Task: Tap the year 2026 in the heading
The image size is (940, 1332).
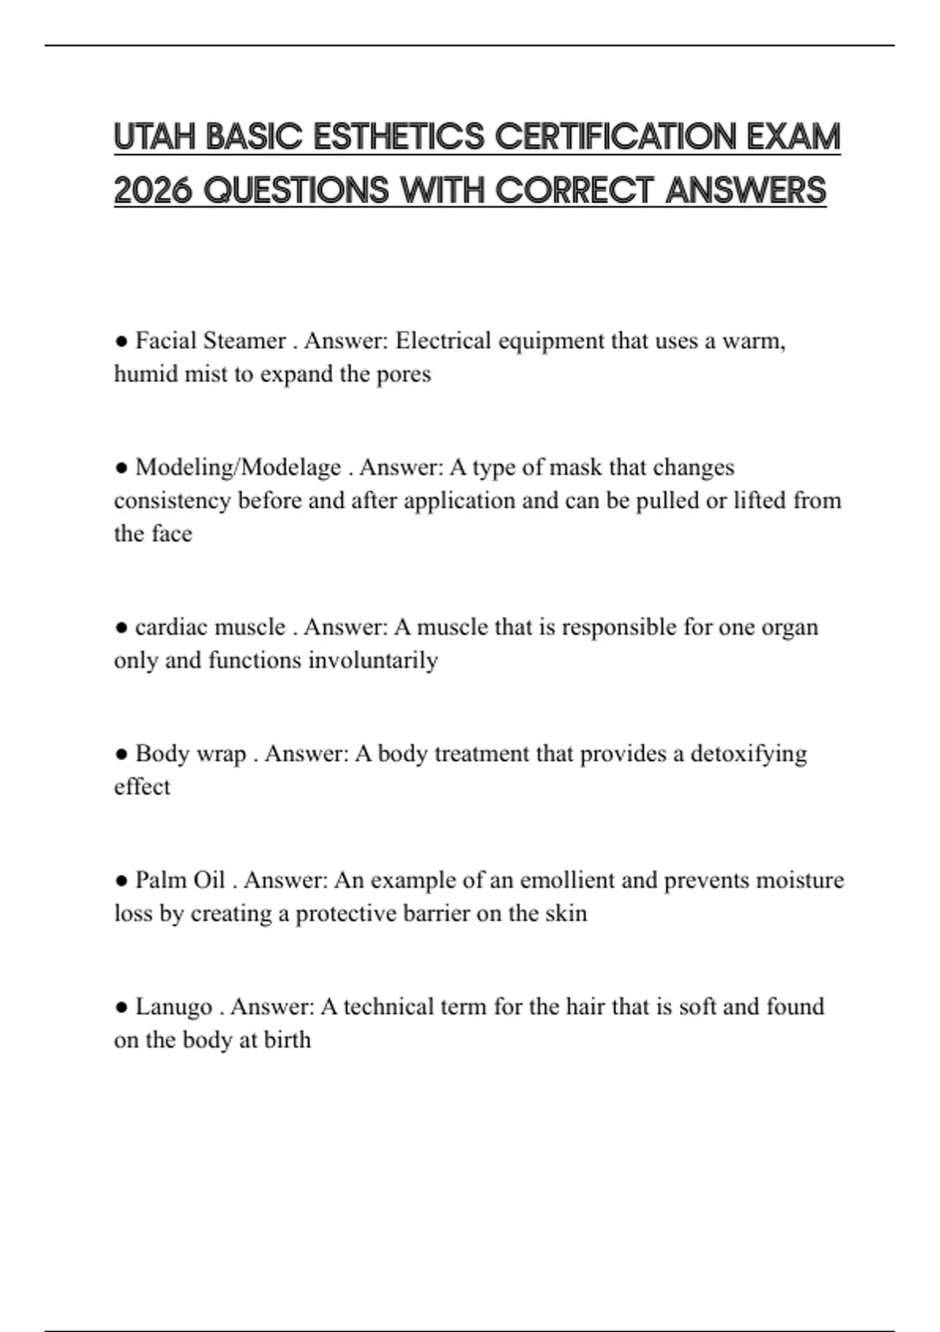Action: (x=153, y=190)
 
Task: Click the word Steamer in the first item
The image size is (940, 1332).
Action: (x=244, y=341)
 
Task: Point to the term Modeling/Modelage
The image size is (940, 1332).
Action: (x=238, y=467)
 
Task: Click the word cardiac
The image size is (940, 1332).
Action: (x=171, y=627)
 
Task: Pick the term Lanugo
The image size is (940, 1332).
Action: (x=174, y=1007)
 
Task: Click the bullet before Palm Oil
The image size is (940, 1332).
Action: (x=121, y=881)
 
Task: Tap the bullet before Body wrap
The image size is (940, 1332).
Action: (x=121, y=754)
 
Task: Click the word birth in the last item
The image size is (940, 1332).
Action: (x=288, y=1040)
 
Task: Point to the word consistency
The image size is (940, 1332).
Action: (x=172, y=501)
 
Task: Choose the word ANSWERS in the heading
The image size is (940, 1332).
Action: (x=746, y=190)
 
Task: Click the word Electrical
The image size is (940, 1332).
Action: (x=443, y=341)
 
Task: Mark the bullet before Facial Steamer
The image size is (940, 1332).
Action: (x=121, y=341)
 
